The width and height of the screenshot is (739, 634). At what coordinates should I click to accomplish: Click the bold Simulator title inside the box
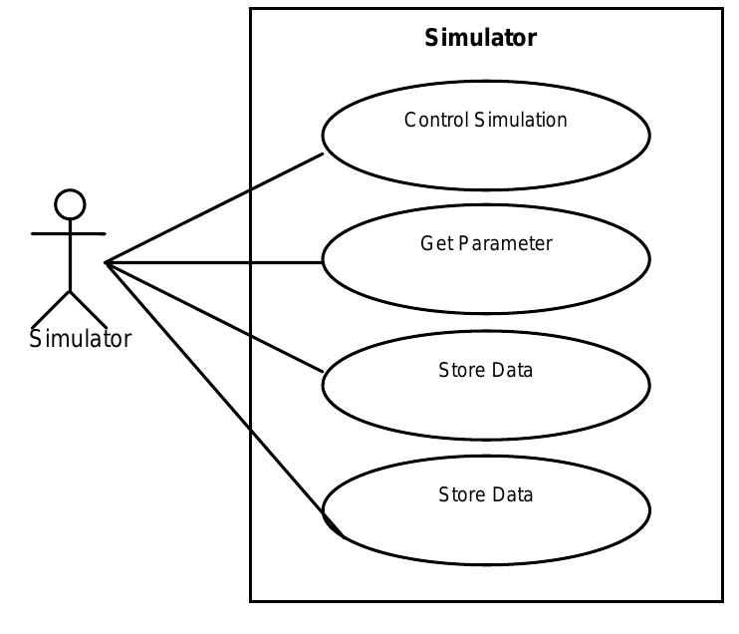[480, 38]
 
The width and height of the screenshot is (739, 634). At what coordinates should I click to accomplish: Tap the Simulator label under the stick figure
[80, 339]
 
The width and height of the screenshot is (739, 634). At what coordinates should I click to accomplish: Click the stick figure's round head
[70, 204]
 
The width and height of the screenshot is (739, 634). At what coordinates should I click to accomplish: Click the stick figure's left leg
[51, 309]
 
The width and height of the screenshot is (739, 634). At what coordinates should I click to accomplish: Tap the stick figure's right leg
[89, 309]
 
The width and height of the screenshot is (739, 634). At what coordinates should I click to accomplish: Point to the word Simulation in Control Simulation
[521, 121]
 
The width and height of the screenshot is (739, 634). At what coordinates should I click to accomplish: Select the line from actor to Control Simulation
[214, 208]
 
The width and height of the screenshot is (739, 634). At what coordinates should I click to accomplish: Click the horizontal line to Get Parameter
[214, 263]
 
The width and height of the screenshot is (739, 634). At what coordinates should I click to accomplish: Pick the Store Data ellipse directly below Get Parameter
[486, 399]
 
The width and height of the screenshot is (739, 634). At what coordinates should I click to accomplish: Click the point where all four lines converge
[106, 263]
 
